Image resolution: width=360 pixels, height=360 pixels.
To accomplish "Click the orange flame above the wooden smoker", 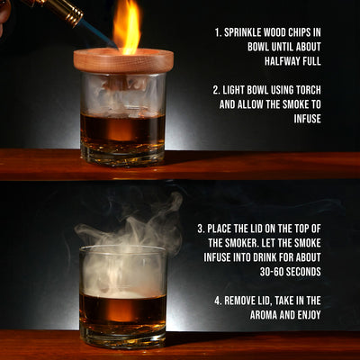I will tap(127, 27).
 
